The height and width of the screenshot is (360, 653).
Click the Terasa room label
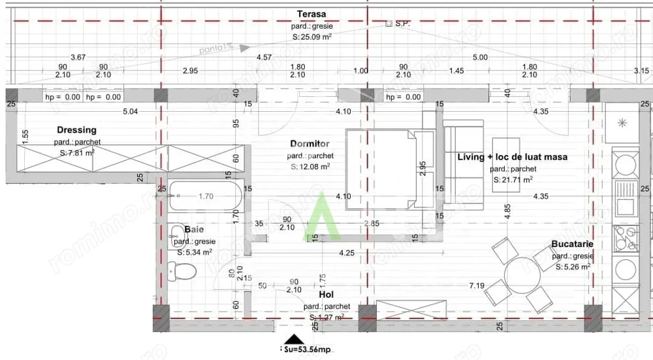[311, 14]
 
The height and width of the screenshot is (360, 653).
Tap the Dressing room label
[76, 130]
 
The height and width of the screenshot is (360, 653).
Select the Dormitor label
[310, 144]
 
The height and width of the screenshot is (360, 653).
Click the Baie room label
[193, 229]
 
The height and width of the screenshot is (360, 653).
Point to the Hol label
[326, 295]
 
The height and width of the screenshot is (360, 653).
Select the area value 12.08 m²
[310, 167]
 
